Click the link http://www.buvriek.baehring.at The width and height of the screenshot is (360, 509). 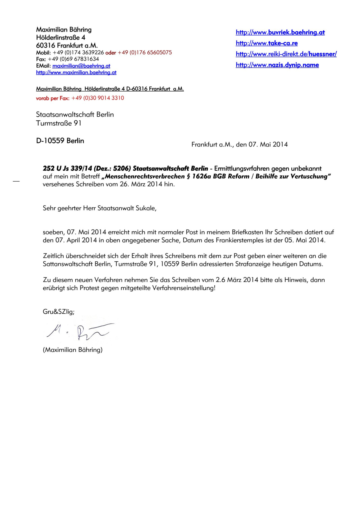coord(280,33)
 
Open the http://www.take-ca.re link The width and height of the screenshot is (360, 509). coord(267,43)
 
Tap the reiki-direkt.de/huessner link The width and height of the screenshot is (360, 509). coord(286,54)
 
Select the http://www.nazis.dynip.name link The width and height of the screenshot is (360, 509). coord(277,65)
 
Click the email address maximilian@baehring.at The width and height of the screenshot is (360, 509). coord(81,66)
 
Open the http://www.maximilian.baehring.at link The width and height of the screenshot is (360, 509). coord(76,73)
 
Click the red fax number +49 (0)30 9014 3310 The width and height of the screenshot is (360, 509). coord(98,98)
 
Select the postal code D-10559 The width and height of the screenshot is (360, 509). coord(50,141)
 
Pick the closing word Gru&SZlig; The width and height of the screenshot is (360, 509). coord(58,312)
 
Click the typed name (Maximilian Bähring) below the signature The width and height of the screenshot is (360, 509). coord(73,350)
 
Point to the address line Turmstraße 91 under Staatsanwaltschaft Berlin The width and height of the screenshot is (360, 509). coord(58,123)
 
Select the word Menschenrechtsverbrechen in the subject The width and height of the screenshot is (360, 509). coord(145,177)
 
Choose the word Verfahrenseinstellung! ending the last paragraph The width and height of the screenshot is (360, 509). coord(184,288)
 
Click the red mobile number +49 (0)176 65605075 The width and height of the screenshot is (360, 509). coord(145,53)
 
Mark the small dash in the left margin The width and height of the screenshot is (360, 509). coord(16,181)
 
